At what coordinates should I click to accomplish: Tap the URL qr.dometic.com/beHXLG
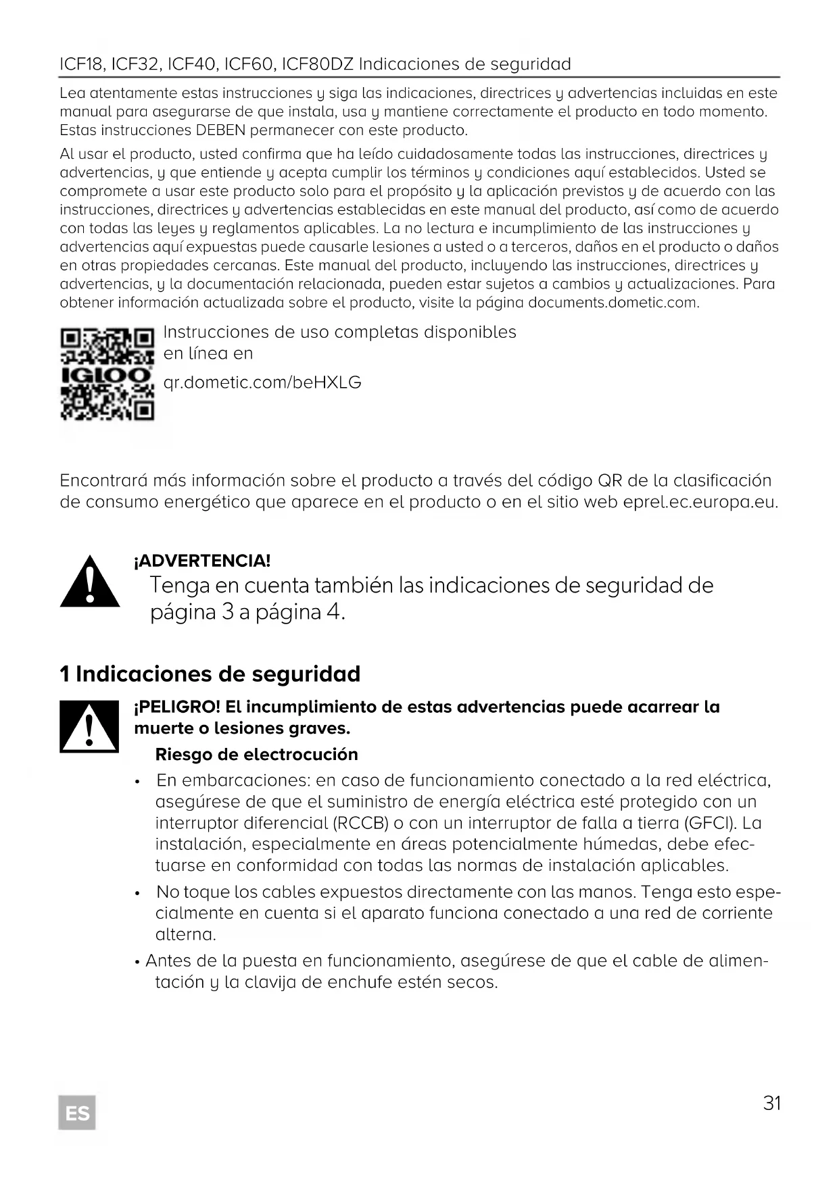(x=262, y=383)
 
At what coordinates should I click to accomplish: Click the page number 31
(x=772, y=1103)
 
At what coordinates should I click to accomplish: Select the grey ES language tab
(x=77, y=1112)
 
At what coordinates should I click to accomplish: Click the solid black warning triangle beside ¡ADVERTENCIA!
(x=90, y=582)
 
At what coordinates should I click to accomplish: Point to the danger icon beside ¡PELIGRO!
(x=89, y=727)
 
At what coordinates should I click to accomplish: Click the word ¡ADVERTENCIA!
(x=203, y=561)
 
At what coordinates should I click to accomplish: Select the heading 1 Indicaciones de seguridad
(x=210, y=674)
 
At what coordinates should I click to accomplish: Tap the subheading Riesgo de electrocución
(x=257, y=754)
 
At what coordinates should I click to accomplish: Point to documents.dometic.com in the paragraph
(x=613, y=302)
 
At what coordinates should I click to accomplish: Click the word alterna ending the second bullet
(x=185, y=935)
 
